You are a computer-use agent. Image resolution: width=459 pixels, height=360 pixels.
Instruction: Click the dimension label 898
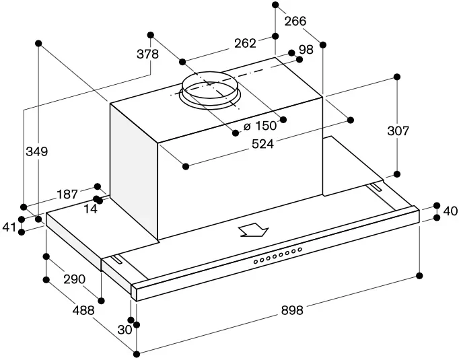coord(292,310)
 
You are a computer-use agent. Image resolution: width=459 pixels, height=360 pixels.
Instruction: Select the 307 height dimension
coord(398,131)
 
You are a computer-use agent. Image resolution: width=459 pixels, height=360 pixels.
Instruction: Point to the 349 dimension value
coord(37,152)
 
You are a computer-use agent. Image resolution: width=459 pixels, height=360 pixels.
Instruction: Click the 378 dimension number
coord(147,54)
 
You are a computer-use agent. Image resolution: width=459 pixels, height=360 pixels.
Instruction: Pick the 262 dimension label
coord(245,44)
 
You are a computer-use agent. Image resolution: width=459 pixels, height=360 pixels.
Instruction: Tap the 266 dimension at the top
coord(295,21)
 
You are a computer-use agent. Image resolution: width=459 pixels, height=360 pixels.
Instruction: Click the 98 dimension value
coord(306,49)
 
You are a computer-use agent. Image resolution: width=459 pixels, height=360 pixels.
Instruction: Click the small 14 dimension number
coord(91,209)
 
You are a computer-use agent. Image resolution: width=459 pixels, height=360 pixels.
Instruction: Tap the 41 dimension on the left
coord(9,227)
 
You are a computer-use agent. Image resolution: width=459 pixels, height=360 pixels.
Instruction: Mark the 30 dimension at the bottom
coord(125,330)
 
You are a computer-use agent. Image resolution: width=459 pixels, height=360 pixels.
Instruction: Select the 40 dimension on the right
coord(450,211)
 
